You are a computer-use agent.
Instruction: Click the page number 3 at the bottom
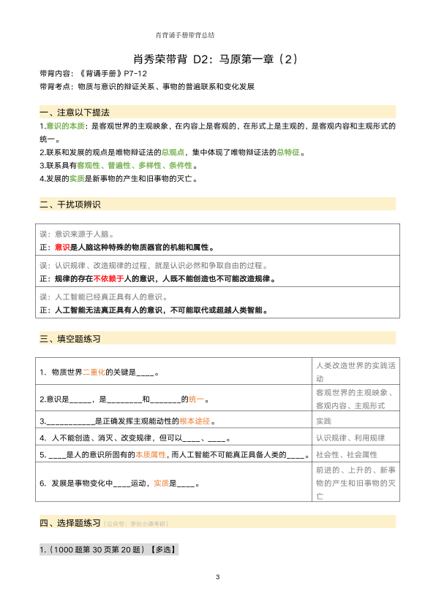point(218,578)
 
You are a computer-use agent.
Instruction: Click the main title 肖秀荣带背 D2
point(217,58)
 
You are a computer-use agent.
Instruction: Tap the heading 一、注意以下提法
point(74,112)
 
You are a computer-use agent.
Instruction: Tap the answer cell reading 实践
point(323,421)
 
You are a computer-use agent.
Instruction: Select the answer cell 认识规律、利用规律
point(350,438)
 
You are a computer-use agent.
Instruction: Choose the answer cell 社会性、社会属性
point(346,454)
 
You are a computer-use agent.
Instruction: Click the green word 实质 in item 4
point(78,178)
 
